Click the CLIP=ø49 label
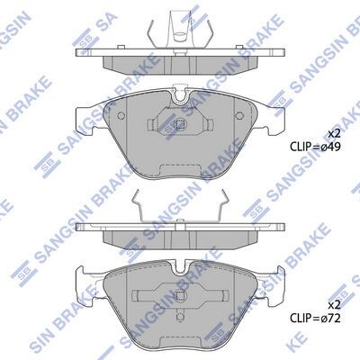315,147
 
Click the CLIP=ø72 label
315,319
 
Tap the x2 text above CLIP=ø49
334,134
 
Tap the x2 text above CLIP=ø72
334,305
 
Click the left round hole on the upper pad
121,116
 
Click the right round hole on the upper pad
239,116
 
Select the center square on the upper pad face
180,124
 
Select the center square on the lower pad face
180,296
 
